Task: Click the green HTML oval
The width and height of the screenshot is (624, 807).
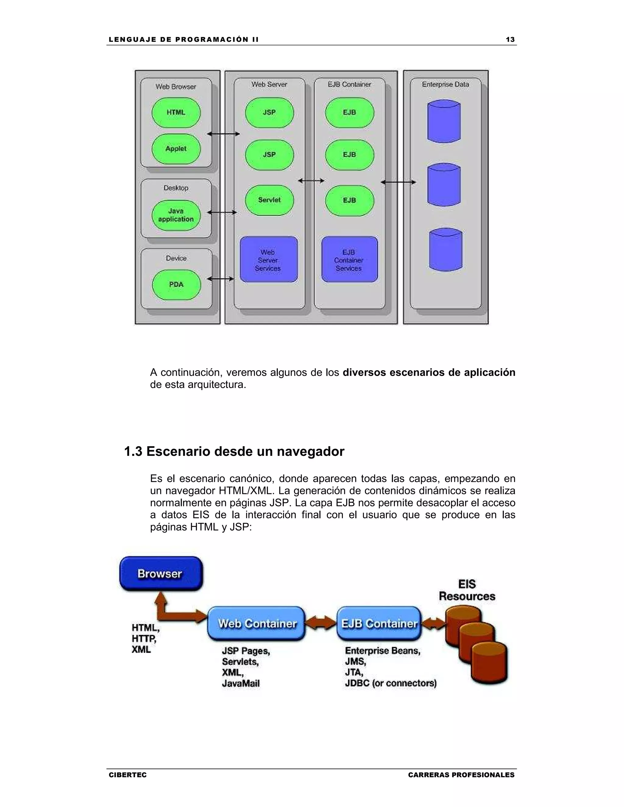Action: pyautogui.click(x=176, y=112)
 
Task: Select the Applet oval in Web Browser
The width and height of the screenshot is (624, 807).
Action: pyautogui.click(x=176, y=149)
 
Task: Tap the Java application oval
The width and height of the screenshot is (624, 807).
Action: pyautogui.click(x=176, y=215)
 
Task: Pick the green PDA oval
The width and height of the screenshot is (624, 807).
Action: pyautogui.click(x=176, y=284)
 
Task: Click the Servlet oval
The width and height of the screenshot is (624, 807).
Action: pyautogui.click(x=269, y=200)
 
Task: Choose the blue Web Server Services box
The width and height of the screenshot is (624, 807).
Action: pyautogui.click(x=269, y=260)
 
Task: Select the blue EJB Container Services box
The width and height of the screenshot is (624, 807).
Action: pyautogui.click(x=349, y=260)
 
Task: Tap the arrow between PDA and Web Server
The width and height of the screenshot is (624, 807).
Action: pyautogui.click(x=221, y=279)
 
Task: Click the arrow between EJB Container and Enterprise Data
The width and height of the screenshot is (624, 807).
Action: pyautogui.click(x=398, y=182)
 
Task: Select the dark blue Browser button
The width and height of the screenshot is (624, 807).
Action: pyautogui.click(x=161, y=574)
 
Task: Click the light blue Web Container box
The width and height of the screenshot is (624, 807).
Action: pyautogui.click(x=257, y=624)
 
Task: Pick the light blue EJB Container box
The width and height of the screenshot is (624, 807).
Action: pyautogui.click(x=379, y=624)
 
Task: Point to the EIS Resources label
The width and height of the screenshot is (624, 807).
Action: pyautogui.click(x=467, y=590)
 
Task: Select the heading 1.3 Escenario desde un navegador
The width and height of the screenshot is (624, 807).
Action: pyautogui.click(x=234, y=451)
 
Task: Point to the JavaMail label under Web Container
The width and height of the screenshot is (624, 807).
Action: pyautogui.click(x=241, y=684)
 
